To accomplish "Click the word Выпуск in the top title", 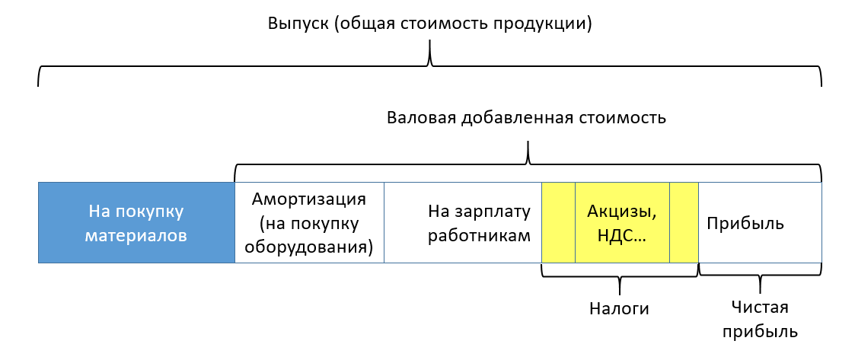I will [x=298, y=23].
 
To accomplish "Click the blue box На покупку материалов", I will [x=136, y=223].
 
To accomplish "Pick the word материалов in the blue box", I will [x=136, y=235].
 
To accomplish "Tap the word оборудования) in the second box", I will [x=310, y=247].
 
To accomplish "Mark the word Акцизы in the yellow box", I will [x=621, y=211].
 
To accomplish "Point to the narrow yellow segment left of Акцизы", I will [x=558, y=223].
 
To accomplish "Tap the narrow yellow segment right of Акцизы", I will [x=684, y=223].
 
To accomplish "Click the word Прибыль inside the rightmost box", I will [x=745, y=224].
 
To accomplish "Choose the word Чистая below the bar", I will [x=760, y=307].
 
